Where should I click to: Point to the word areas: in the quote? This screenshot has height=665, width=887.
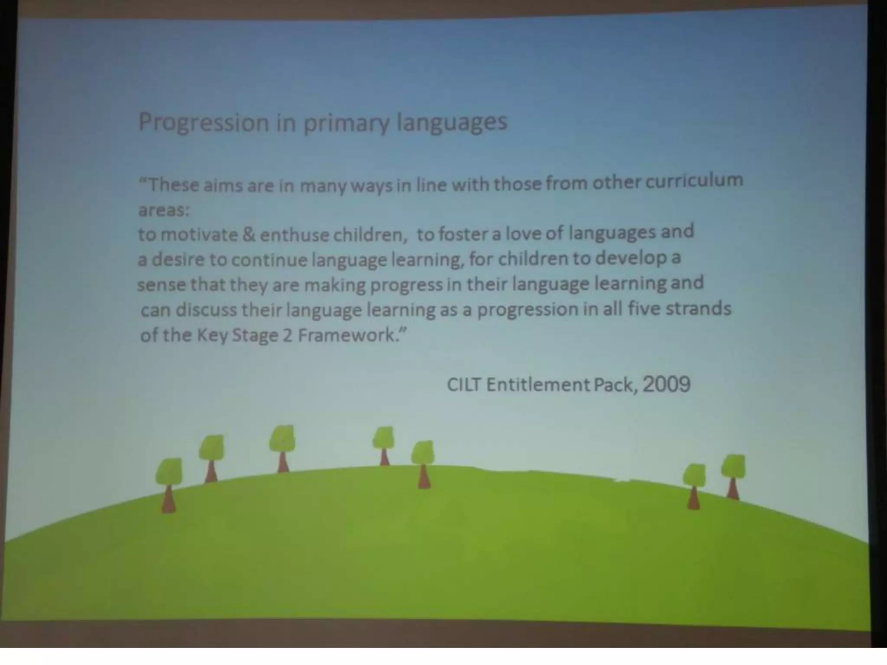click(x=164, y=210)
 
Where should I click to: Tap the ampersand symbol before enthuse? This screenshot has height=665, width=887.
click(x=249, y=235)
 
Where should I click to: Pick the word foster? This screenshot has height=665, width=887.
click(x=462, y=234)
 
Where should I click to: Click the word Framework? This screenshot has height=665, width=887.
click(x=348, y=335)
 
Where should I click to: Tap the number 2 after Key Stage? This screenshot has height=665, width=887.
click(x=288, y=336)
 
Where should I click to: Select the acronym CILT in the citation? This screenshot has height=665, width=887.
click(x=463, y=384)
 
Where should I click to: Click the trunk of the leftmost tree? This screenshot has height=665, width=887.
click(x=168, y=500)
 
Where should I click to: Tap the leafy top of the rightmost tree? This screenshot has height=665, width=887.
click(x=733, y=466)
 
